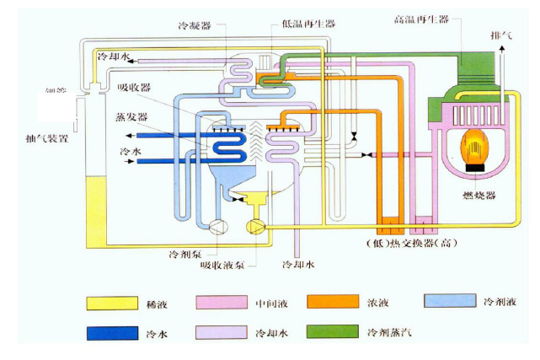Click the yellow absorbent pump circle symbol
(253, 225)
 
